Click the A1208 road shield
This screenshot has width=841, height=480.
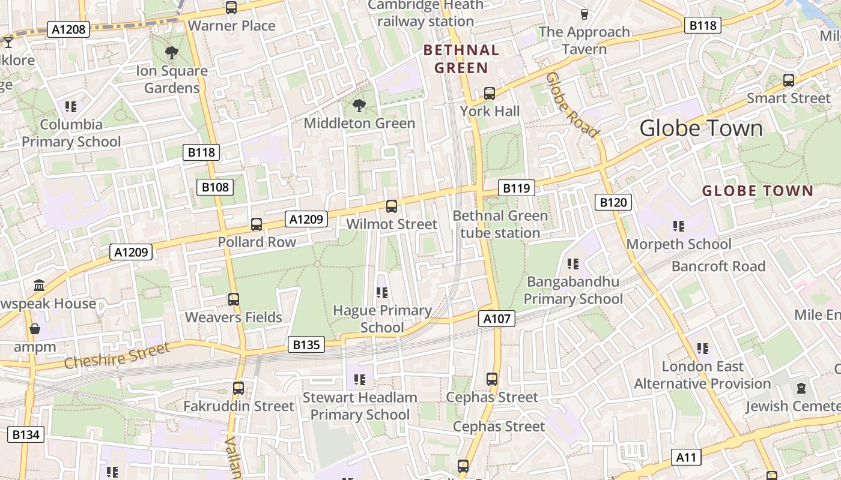[70, 29]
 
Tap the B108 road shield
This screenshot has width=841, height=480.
[215, 187]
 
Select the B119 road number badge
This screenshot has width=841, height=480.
[516, 188]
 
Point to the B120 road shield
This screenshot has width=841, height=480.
[613, 202]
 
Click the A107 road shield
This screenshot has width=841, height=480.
[497, 319]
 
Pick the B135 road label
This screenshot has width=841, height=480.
[307, 344]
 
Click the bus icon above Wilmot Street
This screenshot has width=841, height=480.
[392, 206]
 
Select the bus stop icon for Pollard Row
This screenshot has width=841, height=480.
[257, 224]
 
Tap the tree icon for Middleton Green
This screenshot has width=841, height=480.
[359, 106]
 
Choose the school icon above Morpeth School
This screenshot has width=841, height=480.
[679, 226]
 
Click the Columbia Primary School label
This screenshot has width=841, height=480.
[71, 133]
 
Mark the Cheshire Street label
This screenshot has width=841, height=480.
[117, 356]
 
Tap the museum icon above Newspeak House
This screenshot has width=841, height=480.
[40, 285]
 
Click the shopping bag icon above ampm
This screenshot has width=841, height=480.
[35, 329]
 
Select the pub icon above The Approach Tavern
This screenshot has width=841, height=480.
[584, 14]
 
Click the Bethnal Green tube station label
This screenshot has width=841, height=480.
[500, 224]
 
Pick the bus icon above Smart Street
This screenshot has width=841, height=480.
[789, 80]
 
